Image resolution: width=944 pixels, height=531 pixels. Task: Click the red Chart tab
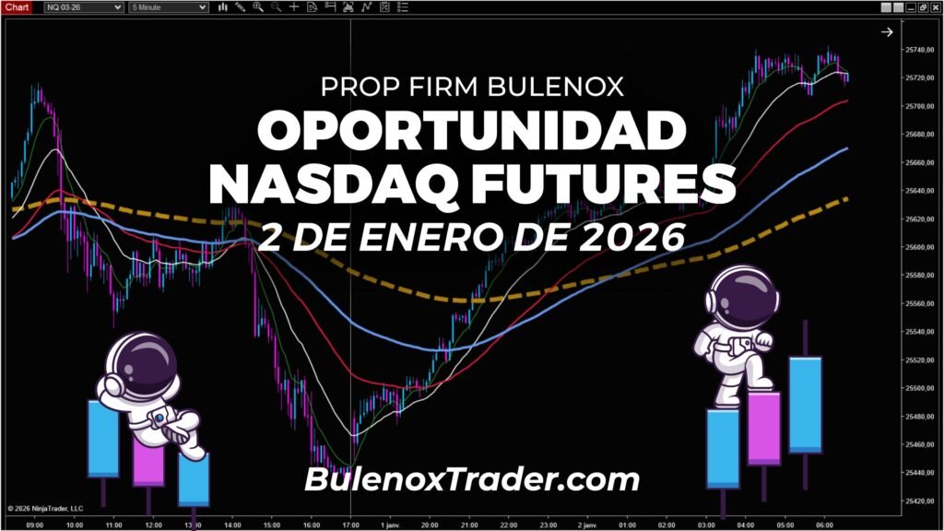click(18, 7)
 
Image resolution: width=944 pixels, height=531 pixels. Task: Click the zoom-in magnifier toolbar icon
click(258, 7)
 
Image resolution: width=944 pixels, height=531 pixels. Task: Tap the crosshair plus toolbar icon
click(294, 7)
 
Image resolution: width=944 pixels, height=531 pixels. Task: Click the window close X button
click(935, 7)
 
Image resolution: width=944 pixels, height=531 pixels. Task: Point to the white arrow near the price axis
click(887, 32)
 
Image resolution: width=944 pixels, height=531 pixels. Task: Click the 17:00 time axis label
click(351, 525)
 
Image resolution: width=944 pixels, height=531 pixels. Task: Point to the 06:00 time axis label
click(825, 525)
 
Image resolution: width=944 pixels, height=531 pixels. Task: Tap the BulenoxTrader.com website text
click(471, 479)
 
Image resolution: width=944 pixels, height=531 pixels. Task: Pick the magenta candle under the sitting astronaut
click(148, 461)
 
